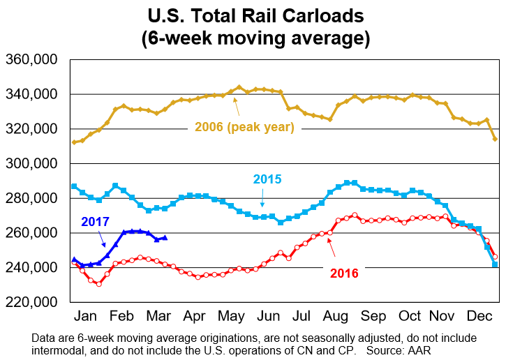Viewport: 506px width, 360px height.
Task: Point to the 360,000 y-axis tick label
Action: coord(31,60)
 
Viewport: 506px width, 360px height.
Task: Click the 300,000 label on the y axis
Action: coord(31,164)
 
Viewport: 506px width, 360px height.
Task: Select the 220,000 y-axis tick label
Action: coord(31,303)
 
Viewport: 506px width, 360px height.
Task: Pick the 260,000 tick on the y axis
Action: coord(31,233)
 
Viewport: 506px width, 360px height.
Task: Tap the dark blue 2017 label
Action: coord(96,222)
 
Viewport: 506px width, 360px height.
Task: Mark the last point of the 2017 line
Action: coord(164,238)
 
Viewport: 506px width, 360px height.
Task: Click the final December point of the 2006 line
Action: coord(496,139)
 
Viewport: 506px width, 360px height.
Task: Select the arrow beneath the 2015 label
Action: coord(262,200)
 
